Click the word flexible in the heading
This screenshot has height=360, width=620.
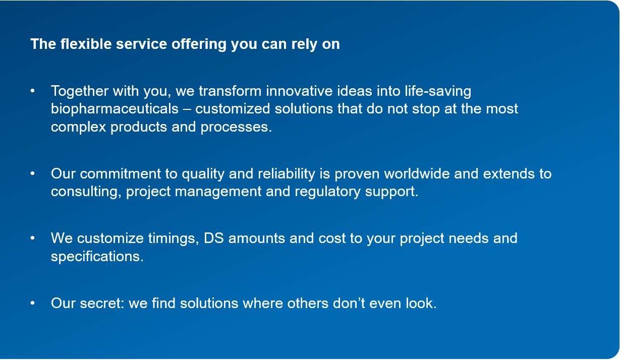coord(86,44)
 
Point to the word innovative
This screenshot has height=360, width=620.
coord(299,91)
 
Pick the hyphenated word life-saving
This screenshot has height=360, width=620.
coord(438,92)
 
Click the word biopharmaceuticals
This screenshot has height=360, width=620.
coord(115,109)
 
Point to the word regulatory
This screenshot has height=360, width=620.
coord(327,192)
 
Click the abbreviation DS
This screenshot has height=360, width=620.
coord(214,238)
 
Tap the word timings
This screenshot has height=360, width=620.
coord(174,239)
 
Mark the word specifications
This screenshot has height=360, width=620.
coord(97,257)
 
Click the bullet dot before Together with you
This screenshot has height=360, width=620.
coord(32,91)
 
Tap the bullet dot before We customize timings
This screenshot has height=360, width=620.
coord(32,238)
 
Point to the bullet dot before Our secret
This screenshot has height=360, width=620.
coord(32,303)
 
